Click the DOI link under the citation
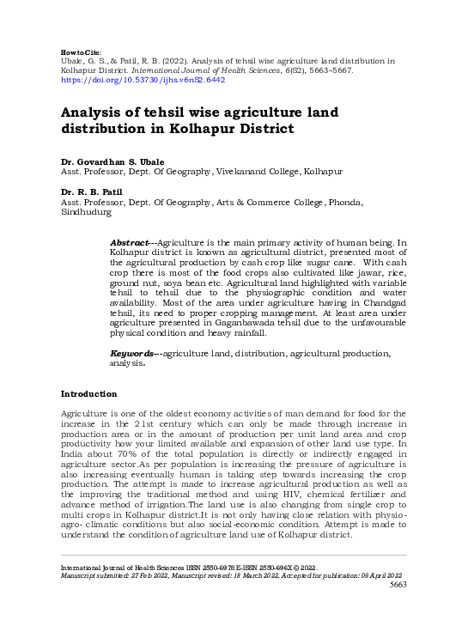pos(143,79)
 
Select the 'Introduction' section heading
pos(88,394)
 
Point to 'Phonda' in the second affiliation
pos(343,203)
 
